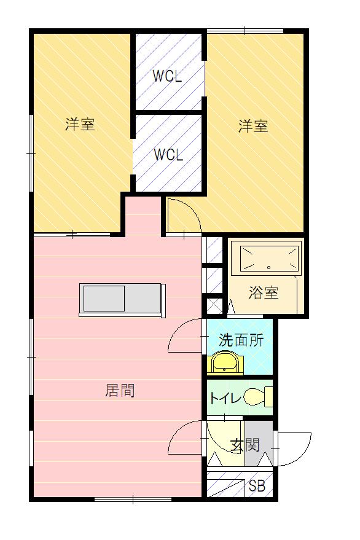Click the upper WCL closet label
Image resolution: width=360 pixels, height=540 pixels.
click(x=167, y=76)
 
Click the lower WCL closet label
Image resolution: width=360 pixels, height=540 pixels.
click(x=168, y=155)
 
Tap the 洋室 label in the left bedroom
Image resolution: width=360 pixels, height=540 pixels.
click(x=80, y=124)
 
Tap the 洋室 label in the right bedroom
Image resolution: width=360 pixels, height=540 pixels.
click(x=253, y=126)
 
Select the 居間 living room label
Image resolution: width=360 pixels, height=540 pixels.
click(x=120, y=391)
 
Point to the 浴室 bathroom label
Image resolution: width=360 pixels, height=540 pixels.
click(x=264, y=292)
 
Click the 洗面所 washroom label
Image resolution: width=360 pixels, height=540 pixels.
click(x=241, y=340)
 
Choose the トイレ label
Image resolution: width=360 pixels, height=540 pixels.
click(x=225, y=399)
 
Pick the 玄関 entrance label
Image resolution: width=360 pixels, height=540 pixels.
click(x=245, y=445)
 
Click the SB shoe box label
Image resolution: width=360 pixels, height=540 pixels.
click(x=257, y=486)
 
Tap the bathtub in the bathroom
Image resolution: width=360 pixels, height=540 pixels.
click(x=268, y=258)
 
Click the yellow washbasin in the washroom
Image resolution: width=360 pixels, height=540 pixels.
click(x=225, y=363)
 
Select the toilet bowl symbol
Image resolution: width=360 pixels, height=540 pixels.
click(x=258, y=397)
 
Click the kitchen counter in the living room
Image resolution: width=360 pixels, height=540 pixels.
click(x=122, y=300)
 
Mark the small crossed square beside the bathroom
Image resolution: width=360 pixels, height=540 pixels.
click(x=214, y=306)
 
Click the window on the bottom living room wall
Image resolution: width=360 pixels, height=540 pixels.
click(x=133, y=499)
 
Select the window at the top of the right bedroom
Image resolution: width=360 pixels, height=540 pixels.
click(x=245, y=31)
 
